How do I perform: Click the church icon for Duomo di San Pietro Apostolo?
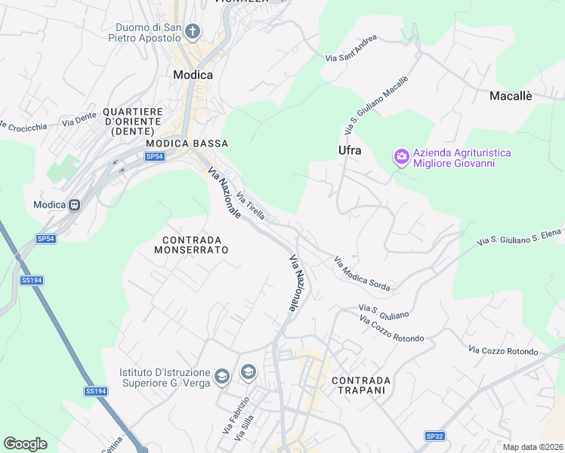coord(193,31)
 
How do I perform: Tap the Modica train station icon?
coord(75,205)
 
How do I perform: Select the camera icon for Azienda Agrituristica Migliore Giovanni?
coord(401,157)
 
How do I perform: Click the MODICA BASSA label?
coord(187,143)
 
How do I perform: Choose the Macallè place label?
coord(511,96)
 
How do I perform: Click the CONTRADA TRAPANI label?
coord(361,385)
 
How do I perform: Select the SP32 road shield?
coord(434,436)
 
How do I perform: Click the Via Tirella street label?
coord(251,206)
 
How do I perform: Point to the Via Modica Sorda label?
coord(362,275)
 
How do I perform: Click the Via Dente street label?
coord(79,119)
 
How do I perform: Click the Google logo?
coord(25,444)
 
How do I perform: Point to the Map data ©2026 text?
coord(532,447)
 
